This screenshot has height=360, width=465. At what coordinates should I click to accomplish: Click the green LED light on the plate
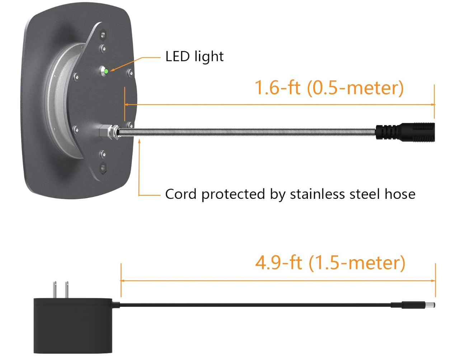[106, 71]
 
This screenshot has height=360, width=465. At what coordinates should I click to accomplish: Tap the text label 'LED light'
[194, 57]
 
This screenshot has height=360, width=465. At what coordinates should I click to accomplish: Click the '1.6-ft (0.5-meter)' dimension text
[329, 88]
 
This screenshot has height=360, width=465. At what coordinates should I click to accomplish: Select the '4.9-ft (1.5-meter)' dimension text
[330, 263]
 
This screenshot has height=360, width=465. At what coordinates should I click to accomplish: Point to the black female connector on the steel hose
[405, 131]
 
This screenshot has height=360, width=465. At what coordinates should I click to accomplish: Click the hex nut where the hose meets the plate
[105, 132]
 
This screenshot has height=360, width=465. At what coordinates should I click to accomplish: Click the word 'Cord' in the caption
[180, 194]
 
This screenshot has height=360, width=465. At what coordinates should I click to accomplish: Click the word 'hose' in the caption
[400, 194]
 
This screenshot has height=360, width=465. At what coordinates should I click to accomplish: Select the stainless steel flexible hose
[248, 132]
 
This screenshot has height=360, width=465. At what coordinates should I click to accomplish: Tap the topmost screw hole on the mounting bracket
[103, 35]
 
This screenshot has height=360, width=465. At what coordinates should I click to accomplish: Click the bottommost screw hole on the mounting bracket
[103, 167]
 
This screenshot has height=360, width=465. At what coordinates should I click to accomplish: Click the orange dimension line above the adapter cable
[278, 281]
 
